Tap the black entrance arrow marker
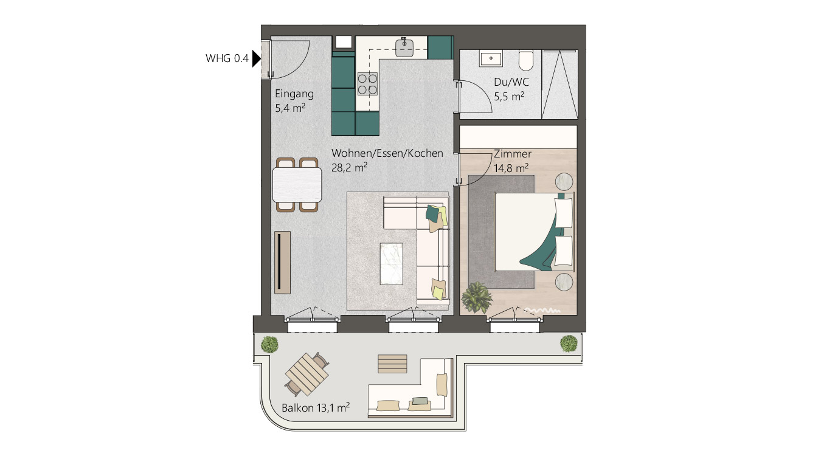(x=256, y=59)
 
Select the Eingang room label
(x=294, y=94)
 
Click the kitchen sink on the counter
(x=404, y=47)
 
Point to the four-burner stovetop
(x=367, y=84)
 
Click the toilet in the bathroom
(x=526, y=60)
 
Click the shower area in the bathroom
(x=559, y=84)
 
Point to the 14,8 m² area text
(x=511, y=168)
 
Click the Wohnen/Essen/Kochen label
(x=387, y=153)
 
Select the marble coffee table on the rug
(x=391, y=263)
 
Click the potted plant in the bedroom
(x=476, y=297)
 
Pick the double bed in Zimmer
(x=534, y=231)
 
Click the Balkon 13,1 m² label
(x=315, y=407)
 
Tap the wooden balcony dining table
(x=307, y=371)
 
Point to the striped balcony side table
(x=392, y=364)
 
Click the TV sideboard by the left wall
(x=282, y=262)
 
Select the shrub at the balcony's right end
(x=569, y=344)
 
